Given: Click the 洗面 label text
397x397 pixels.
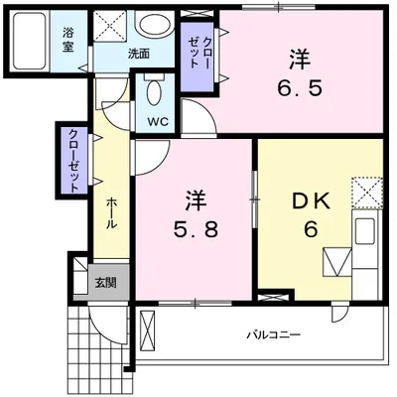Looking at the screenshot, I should click(x=138, y=54).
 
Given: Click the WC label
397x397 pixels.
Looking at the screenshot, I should click(x=158, y=123).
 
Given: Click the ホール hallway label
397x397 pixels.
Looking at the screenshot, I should click(x=111, y=210).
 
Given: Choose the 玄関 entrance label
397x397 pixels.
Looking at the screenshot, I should click(x=103, y=281).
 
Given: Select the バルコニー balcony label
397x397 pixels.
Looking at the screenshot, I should click(x=273, y=334).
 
